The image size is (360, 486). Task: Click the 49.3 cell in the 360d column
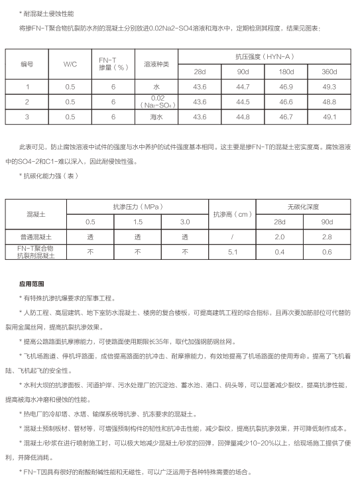pyautogui.click(x=330, y=87)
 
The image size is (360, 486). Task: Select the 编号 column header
pyautogui.click(x=27, y=64)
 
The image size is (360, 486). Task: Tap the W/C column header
pyautogui.click(x=70, y=64)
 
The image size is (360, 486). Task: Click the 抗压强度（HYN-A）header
pyautogui.click(x=265, y=58)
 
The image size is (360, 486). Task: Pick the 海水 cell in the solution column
pyautogui.click(x=156, y=117)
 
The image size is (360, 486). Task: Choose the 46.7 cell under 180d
pyautogui.click(x=286, y=117)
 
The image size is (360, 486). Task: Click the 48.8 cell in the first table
pyautogui.click(x=330, y=101)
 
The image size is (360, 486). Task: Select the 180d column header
pyautogui.click(x=286, y=72)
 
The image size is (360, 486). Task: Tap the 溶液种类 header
pyautogui.click(x=156, y=64)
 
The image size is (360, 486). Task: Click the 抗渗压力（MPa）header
pyautogui.click(x=137, y=206)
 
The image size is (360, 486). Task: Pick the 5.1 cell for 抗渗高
pyautogui.click(x=232, y=251)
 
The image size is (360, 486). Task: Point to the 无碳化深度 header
pyautogui.click(x=303, y=206)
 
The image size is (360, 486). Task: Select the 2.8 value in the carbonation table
pyautogui.click(x=327, y=236)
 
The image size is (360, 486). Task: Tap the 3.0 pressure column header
pyautogui.click(x=185, y=221)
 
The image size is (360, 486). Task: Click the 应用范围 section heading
pyautogui.click(x=32, y=283)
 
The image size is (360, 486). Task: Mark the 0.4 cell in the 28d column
pyautogui.click(x=280, y=251)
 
